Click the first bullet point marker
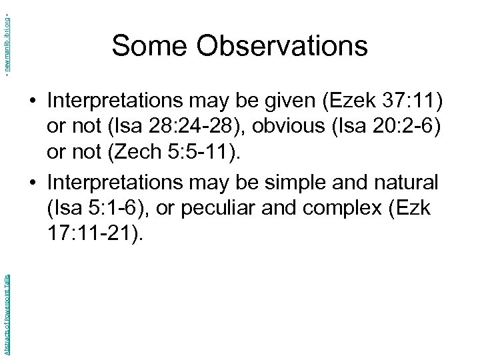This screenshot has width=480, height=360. [33, 101]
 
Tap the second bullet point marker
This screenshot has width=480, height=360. [33, 181]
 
